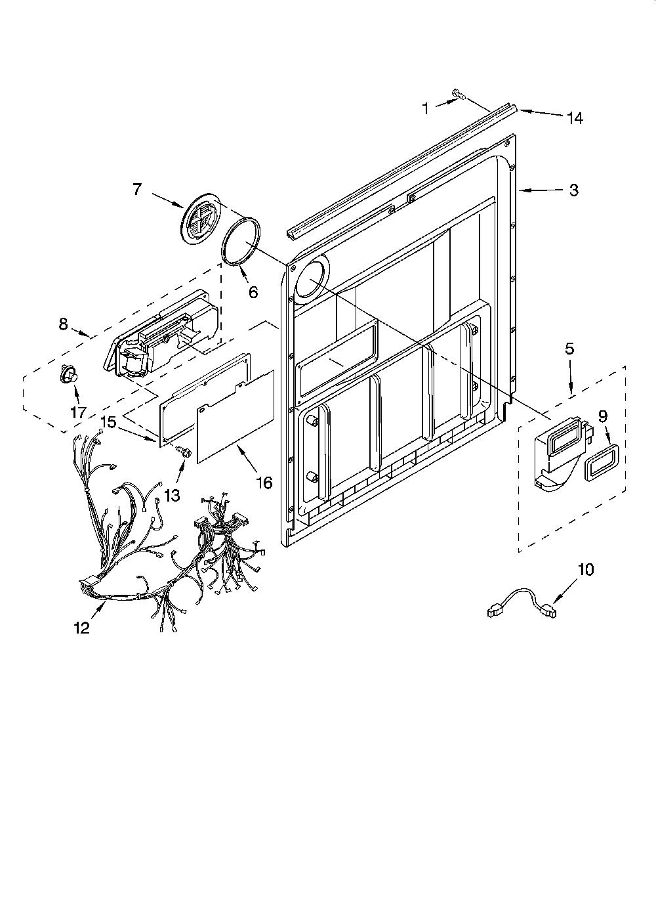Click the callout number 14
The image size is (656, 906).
click(x=575, y=118)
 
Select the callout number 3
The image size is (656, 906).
click(x=574, y=190)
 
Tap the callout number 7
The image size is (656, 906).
click(x=137, y=189)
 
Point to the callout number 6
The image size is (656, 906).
click(x=253, y=291)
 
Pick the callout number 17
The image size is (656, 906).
click(x=79, y=412)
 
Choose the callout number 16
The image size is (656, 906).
click(x=264, y=482)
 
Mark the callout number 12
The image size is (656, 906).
click(x=81, y=628)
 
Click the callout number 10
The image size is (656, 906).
click(x=586, y=569)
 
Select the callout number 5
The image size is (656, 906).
click(x=569, y=349)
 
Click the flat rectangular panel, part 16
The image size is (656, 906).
click(x=236, y=417)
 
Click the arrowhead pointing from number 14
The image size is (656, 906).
click(x=522, y=110)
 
